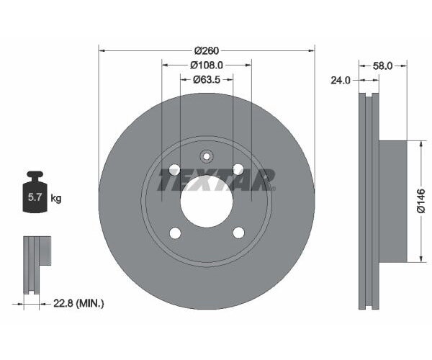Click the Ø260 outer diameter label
207,50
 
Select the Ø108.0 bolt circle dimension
206,65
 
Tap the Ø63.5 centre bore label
206,80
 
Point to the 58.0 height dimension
382,66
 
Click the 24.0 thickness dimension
341,81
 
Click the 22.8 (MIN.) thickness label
78,303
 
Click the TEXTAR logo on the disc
217,180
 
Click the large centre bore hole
206,201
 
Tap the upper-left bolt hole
174,169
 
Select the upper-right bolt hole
238,169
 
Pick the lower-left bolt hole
174,233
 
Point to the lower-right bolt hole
238,233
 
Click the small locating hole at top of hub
206,156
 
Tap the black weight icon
34,193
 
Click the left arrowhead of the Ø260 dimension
102,50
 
